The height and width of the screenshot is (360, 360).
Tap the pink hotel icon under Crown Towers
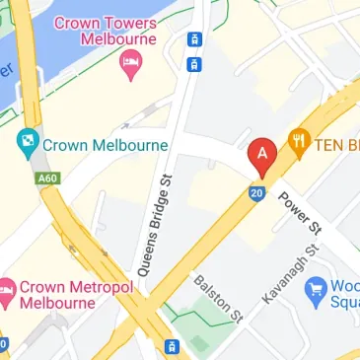pyautogui.click(x=129, y=63)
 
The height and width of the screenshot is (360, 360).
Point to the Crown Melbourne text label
pyautogui.click(x=106, y=145)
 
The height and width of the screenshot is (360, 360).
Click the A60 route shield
pyautogui.click(x=45, y=179)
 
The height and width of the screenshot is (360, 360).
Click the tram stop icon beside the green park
pyautogui.click(x=172, y=347)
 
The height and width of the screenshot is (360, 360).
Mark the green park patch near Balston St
pyautogui.click(x=201, y=340)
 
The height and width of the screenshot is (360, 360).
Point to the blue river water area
pyautogui.click(x=15, y=59)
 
